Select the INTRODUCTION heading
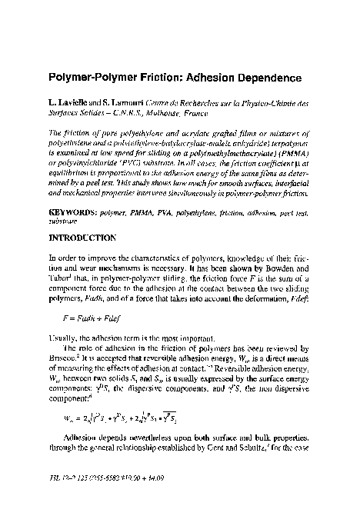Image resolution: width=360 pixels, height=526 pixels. [x=84, y=217]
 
